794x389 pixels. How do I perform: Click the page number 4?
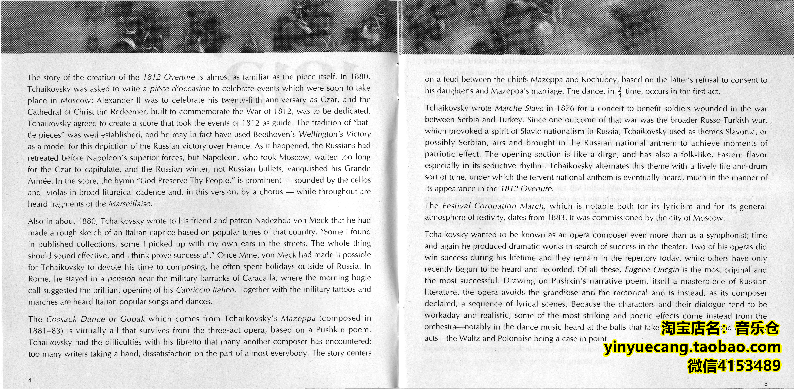click(30, 380)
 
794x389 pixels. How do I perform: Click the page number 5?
click(766, 383)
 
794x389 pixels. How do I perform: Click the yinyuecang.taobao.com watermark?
click(692, 347)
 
